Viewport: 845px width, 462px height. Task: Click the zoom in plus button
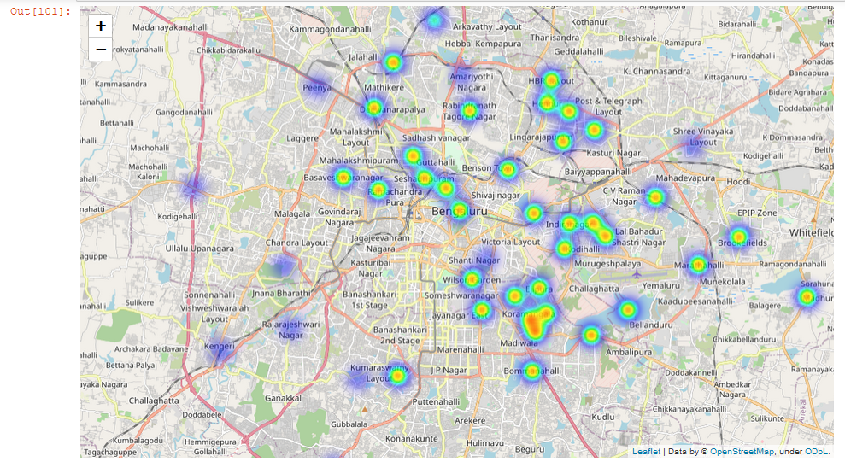(101, 26)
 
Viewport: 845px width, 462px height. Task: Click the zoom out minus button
(101, 49)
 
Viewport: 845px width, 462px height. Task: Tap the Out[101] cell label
(40, 11)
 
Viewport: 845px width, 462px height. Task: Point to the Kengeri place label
(220, 346)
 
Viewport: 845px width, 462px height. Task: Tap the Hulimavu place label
(485, 443)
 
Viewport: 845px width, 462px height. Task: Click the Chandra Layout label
(296, 243)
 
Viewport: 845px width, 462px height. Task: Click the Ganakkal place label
(284, 398)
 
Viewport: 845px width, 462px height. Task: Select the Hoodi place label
(737, 182)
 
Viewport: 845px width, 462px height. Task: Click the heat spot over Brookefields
(738, 237)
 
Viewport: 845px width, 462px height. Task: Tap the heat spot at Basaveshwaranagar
(343, 178)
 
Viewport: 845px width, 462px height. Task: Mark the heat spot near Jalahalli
(392, 62)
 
